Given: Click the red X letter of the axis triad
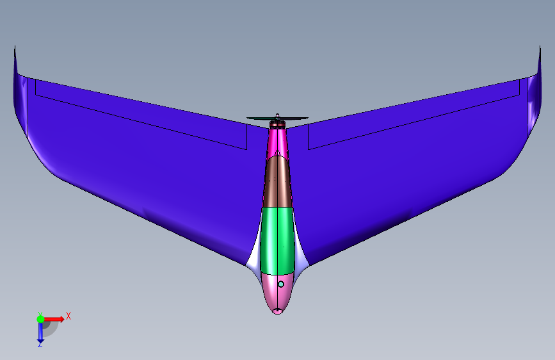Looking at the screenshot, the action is (68, 316).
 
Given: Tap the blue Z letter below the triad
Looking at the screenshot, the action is (40, 344).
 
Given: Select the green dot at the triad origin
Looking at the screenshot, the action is (41, 319).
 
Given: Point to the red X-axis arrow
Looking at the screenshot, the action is (54, 319).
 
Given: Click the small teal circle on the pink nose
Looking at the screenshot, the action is (281, 284).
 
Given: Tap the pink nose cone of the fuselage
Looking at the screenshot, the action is (277, 292).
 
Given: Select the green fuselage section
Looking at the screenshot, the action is (278, 241).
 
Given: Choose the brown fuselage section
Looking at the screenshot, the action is (278, 182).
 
